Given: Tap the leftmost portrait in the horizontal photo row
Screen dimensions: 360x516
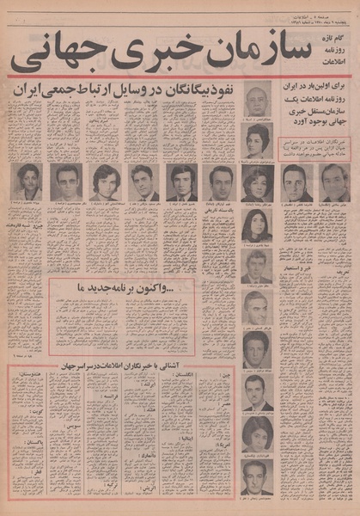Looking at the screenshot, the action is (x=28, y=181).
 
